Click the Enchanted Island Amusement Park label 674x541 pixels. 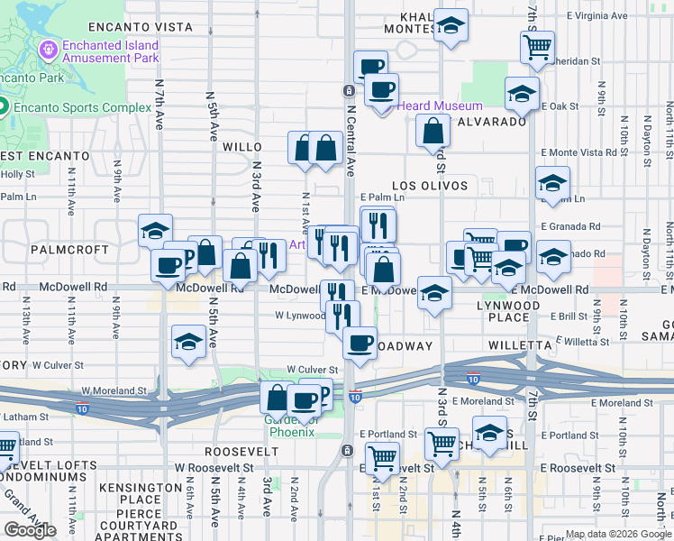pos(111,52)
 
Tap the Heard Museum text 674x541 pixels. pos(439,105)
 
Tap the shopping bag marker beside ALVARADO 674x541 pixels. pos(433,132)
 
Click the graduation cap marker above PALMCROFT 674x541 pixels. pos(155,231)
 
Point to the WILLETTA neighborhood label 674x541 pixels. pos(519,345)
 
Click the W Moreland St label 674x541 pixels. pos(114,390)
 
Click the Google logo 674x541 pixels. pos(30,530)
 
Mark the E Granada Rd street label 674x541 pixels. pos(570,227)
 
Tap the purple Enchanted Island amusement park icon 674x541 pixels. pos(48,46)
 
